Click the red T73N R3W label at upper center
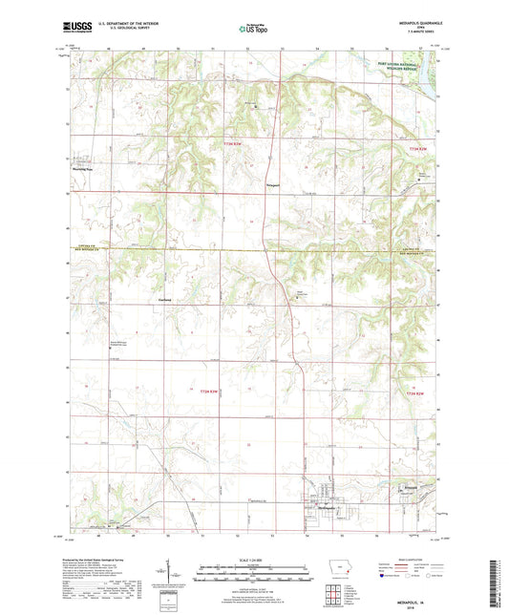point(233,143)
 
